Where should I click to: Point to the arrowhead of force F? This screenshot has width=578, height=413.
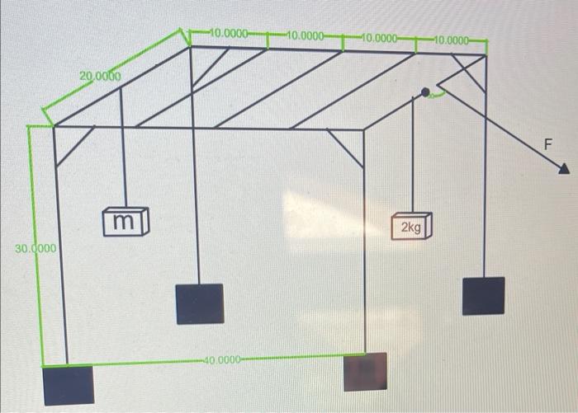pyautogui.click(x=564, y=169)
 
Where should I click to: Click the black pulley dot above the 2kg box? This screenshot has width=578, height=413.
pyautogui.click(x=425, y=93)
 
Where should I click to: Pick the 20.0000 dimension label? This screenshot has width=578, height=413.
pyautogui.click(x=100, y=77)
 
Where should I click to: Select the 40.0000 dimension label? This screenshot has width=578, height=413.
pyautogui.click(x=221, y=359)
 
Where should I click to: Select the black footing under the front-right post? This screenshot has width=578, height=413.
pyautogui.click(x=364, y=372)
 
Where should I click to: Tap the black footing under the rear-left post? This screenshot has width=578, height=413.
pyautogui.click(x=199, y=303)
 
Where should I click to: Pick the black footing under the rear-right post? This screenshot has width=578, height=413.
pyautogui.click(x=483, y=296)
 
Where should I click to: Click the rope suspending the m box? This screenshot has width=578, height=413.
pyautogui.click(x=124, y=148)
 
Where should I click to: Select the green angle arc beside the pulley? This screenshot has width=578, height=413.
pyautogui.click(x=439, y=96)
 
